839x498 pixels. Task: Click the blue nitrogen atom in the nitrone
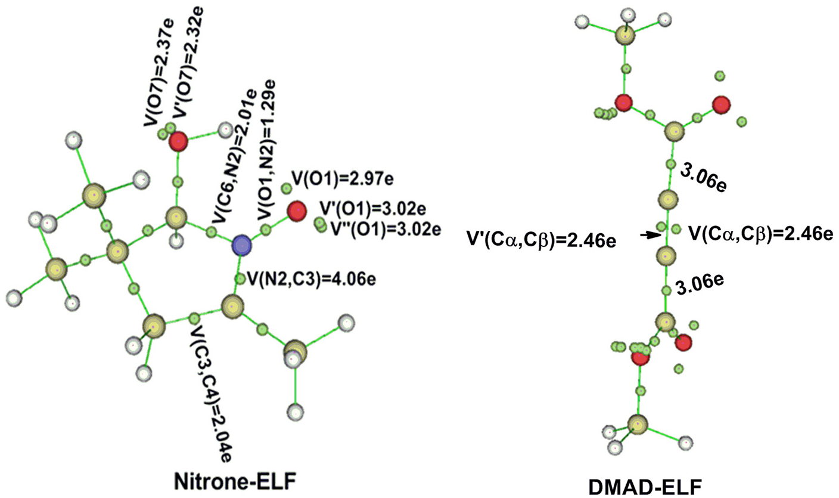point(241,245)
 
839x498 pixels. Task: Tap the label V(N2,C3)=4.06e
point(312,279)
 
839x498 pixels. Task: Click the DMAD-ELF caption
point(645,487)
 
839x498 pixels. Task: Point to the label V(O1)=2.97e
point(343,179)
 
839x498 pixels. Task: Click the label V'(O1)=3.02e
point(372,209)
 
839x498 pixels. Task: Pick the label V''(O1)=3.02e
point(385,229)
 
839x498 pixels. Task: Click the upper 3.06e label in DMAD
point(703,180)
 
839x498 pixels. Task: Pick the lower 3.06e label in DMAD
point(700,285)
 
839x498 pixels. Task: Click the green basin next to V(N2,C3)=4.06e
point(240,279)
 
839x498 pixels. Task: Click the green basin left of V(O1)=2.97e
point(287,188)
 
